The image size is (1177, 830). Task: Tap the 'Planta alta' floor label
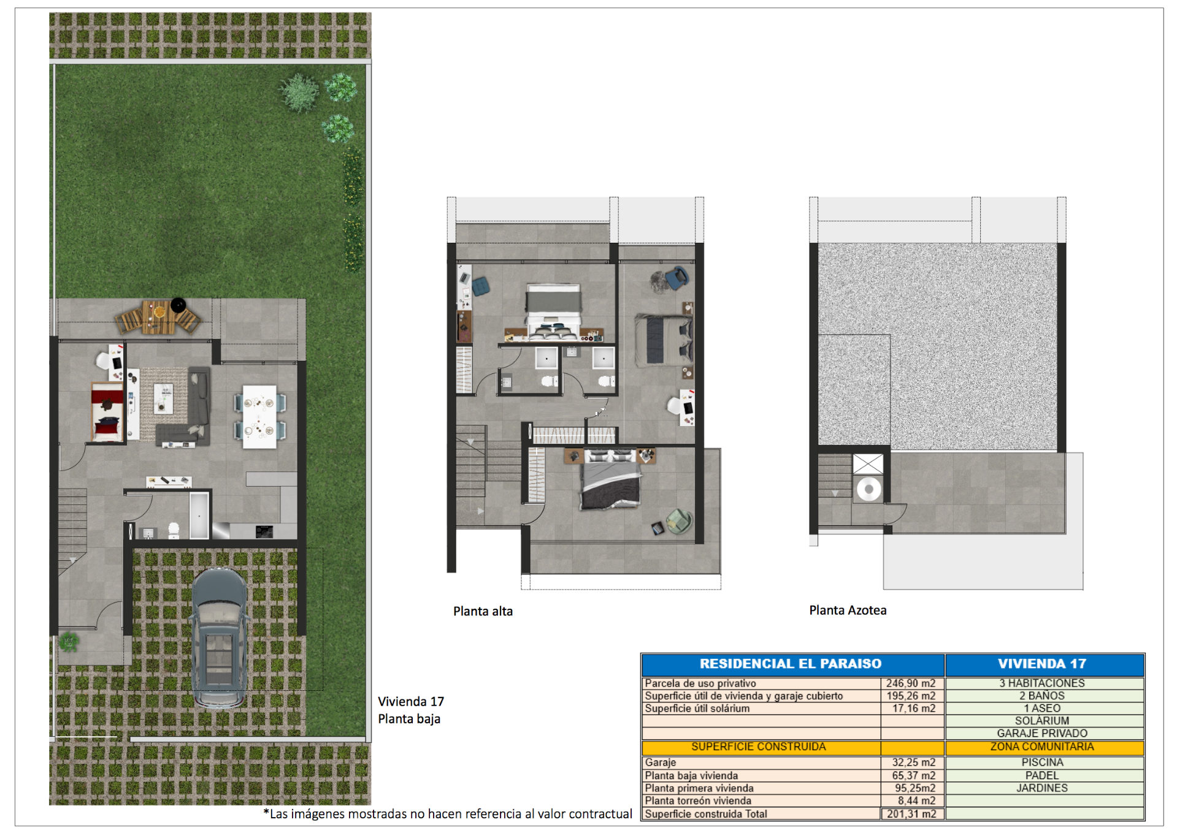(x=483, y=611)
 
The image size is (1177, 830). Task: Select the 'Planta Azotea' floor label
(x=848, y=610)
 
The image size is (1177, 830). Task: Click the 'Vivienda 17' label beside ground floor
(x=410, y=701)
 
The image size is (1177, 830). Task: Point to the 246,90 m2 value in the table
(x=911, y=683)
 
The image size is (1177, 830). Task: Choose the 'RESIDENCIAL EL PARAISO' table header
(x=790, y=664)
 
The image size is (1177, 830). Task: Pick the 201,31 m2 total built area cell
(x=911, y=814)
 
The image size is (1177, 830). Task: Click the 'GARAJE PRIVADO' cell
(x=1042, y=733)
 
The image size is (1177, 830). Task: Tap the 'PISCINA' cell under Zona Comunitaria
(x=1042, y=763)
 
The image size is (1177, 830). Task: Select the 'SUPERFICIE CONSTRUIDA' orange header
(x=758, y=747)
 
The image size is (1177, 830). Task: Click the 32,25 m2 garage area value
(x=913, y=763)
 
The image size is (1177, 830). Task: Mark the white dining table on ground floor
(x=259, y=416)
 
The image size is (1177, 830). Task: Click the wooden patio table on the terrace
(x=159, y=316)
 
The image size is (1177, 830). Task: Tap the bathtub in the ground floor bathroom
(x=199, y=515)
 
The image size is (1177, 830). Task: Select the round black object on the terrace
(x=178, y=305)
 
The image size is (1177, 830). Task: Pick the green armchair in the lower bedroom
(x=678, y=520)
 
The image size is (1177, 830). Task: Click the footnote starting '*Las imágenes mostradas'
(x=448, y=814)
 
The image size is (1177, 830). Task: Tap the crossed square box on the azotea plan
(x=868, y=464)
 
